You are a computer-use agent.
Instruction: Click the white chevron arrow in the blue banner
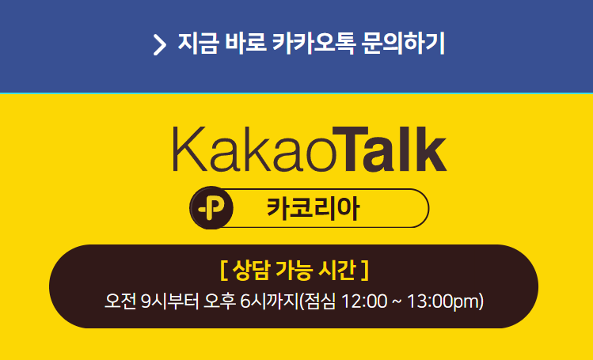coord(160,44)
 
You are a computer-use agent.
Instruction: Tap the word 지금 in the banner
coord(198,44)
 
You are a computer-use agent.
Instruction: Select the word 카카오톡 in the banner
coord(314,44)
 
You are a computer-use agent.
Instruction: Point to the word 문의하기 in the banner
coord(403,44)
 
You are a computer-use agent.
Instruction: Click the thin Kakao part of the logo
coord(254,150)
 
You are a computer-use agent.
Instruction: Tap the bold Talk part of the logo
coord(390,149)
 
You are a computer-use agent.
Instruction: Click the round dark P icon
coord(211,208)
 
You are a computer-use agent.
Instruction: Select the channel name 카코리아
coord(314,208)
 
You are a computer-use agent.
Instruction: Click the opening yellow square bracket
coord(223,271)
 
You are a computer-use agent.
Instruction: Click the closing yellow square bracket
coord(365,271)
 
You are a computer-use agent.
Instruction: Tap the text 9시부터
coord(169,301)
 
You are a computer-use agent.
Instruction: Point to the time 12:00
coord(364,301)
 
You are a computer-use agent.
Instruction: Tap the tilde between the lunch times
coord(397,301)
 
